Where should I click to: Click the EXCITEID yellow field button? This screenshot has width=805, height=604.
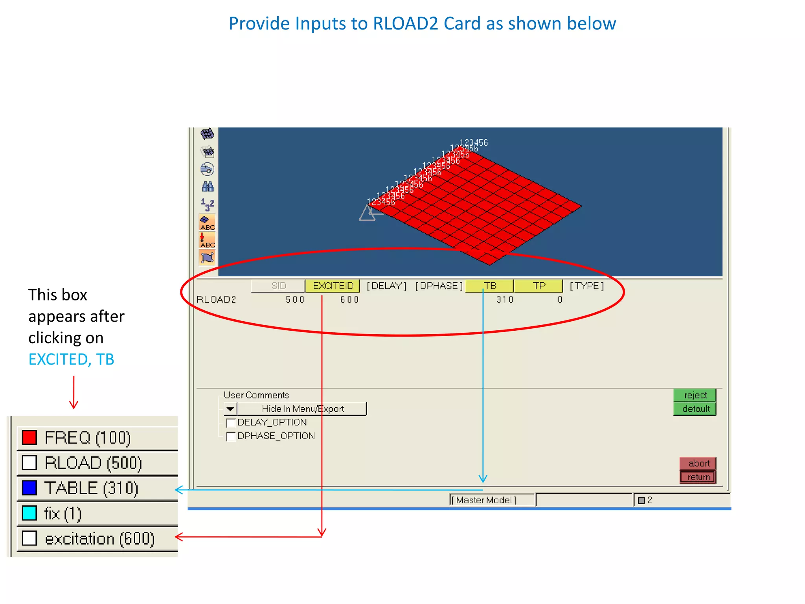[333, 286]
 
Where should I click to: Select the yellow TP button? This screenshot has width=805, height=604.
[539, 286]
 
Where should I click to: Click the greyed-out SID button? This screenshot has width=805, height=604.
[278, 286]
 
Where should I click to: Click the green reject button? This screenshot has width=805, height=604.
[695, 395]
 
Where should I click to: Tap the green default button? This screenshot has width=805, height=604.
[695, 409]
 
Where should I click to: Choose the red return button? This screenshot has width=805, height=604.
[698, 477]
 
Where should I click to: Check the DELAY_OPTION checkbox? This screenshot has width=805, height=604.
[231, 423]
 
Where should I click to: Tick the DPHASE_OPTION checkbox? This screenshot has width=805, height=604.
[231, 436]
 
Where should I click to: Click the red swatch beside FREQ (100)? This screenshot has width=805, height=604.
[29, 437]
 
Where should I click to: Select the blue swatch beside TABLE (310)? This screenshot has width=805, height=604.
[29, 488]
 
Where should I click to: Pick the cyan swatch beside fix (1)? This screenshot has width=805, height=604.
[29, 513]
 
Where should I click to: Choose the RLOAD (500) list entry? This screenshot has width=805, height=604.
[93, 463]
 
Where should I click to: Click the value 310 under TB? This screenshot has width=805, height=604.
[505, 300]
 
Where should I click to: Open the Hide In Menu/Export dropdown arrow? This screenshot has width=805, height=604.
[230, 409]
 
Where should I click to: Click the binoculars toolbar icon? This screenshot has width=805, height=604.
[208, 186]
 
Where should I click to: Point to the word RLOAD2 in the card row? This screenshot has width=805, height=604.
[216, 300]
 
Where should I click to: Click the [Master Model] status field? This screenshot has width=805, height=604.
[491, 500]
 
